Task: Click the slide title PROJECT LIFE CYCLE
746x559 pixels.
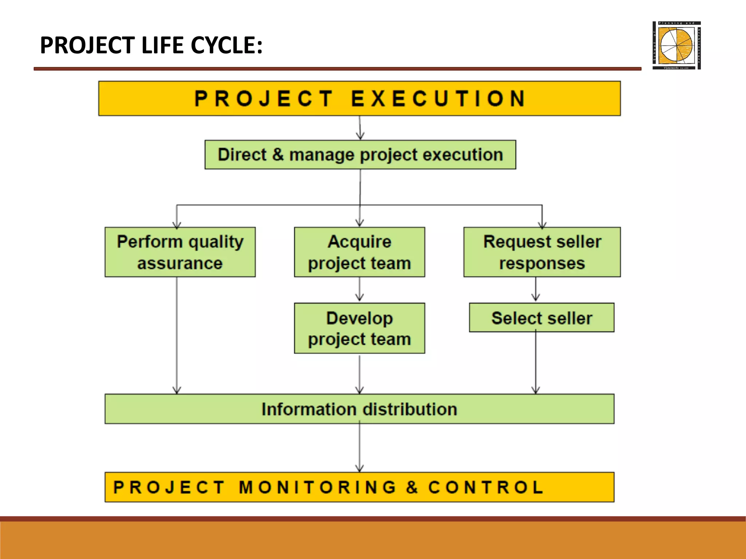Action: [x=151, y=45]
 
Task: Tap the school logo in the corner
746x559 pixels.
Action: [x=676, y=45]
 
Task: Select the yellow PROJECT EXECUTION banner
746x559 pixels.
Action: [x=359, y=98]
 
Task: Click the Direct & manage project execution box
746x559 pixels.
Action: [x=360, y=155]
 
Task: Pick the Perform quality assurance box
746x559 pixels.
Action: [x=180, y=252]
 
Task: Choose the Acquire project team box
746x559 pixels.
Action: [x=360, y=252]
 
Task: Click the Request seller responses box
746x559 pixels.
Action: [x=542, y=252]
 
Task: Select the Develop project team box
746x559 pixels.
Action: [x=360, y=328]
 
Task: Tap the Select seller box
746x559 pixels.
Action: [x=542, y=318]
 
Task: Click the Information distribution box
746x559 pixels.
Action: [x=359, y=409]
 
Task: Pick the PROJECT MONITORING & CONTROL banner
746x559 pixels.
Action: [x=359, y=487]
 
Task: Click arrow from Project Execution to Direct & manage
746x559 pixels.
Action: [x=360, y=128]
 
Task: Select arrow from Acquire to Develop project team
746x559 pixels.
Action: [x=360, y=290]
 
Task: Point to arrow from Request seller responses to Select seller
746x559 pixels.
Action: [x=535, y=290]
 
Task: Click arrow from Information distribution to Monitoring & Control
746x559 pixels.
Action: [x=360, y=448]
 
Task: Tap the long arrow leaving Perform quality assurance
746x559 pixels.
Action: [x=177, y=335]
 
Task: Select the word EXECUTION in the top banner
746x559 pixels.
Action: [x=438, y=98]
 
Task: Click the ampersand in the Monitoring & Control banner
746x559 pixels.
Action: [x=412, y=487]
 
